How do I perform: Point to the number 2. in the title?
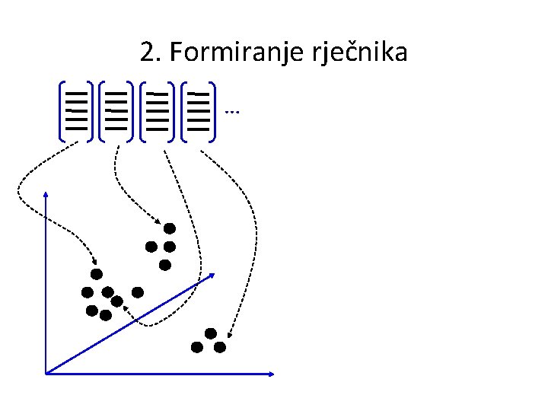coord(151,53)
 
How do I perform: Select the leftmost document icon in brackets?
coord(76,111)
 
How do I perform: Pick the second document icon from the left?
coord(116,111)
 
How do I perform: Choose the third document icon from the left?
coord(158,111)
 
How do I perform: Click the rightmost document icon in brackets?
coord(199,111)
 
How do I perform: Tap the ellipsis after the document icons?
coord(233,113)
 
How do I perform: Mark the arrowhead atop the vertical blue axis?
coord(47,196)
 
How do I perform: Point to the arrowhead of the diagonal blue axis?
coord(211,276)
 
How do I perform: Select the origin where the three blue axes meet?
coord(47,373)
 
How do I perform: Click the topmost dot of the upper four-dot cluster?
coord(170,228)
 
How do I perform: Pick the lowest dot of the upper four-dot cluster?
coord(165,265)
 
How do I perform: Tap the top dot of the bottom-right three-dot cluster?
coord(210,333)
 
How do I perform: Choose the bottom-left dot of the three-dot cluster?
coord(197,347)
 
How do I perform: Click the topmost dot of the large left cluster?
coord(97,274)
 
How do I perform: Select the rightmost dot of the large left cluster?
coord(138,292)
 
